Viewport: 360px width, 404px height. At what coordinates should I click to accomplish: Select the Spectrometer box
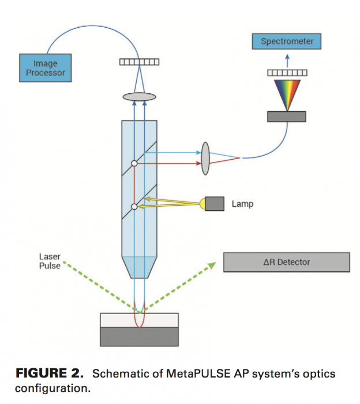pyautogui.click(x=287, y=41)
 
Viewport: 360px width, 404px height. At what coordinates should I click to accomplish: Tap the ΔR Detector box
pyautogui.click(x=287, y=262)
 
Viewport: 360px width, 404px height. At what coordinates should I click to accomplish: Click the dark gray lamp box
pyautogui.click(x=215, y=203)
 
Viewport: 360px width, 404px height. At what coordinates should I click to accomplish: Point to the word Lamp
pyautogui.click(x=242, y=204)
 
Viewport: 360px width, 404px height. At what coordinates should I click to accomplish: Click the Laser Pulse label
pyautogui.click(x=50, y=261)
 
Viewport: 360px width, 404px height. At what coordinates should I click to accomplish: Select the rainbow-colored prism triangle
pyautogui.click(x=287, y=94)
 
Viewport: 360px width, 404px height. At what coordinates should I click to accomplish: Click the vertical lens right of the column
pyautogui.click(x=206, y=157)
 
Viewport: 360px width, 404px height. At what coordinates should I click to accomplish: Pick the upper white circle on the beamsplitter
pyautogui.click(x=134, y=164)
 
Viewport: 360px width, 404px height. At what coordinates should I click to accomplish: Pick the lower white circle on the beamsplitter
pyautogui.click(x=134, y=207)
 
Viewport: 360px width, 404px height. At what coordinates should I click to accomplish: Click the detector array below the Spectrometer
pyautogui.click(x=287, y=73)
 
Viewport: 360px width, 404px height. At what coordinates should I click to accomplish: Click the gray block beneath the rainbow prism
pyautogui.click(x=287, y=116)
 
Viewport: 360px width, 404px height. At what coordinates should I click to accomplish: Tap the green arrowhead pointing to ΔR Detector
pyautogui.click(x=212, y=265)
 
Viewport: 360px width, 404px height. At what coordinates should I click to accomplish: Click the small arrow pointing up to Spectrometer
pyautogui.click(x=287, y=58)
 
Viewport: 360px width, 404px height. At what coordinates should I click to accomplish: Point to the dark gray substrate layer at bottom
pyautogui.click(x=139, y=336)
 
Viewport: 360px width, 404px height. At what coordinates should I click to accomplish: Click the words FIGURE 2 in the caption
pyautogui.click(x=48, y=374)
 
